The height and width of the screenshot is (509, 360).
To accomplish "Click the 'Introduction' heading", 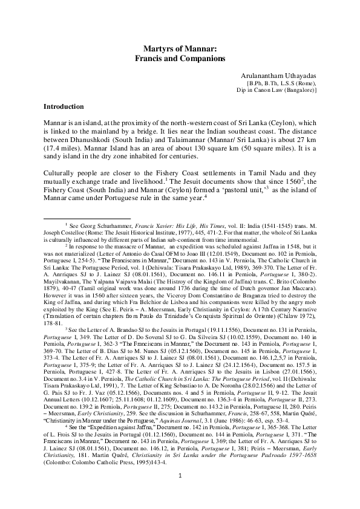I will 67,106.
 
